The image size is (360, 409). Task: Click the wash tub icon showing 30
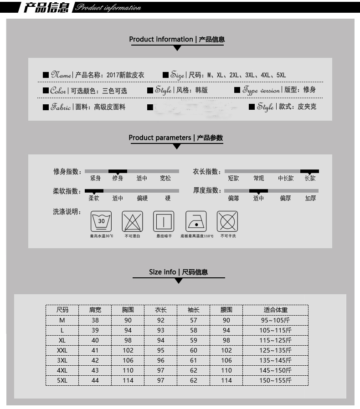(101, 221)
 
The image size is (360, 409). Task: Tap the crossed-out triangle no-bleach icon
(132, 221)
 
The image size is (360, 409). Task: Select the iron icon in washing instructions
(196, 221)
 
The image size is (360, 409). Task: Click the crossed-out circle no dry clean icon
(227, 221)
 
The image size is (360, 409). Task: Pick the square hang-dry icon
(164, 221)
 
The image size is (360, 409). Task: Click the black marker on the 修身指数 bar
(118, 172)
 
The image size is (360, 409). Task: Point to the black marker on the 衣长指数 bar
(309, 172)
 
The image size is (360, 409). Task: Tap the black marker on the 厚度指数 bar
(258, 191)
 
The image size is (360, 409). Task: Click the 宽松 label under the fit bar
(165, 179)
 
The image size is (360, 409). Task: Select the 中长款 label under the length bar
(286, 179)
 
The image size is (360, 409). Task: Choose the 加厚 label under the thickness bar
(310, 198)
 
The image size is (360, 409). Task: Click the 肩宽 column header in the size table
(95, 310)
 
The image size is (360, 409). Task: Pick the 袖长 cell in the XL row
(194, 340)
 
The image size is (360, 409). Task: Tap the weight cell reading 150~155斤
(276, 380)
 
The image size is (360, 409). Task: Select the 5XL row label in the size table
(62, 380)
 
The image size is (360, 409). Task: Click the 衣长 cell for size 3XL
(161, 360)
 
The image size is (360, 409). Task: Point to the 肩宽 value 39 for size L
(95, 330)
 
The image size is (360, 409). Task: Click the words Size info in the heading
(162, 272)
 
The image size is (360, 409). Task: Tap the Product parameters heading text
(159, 138)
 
